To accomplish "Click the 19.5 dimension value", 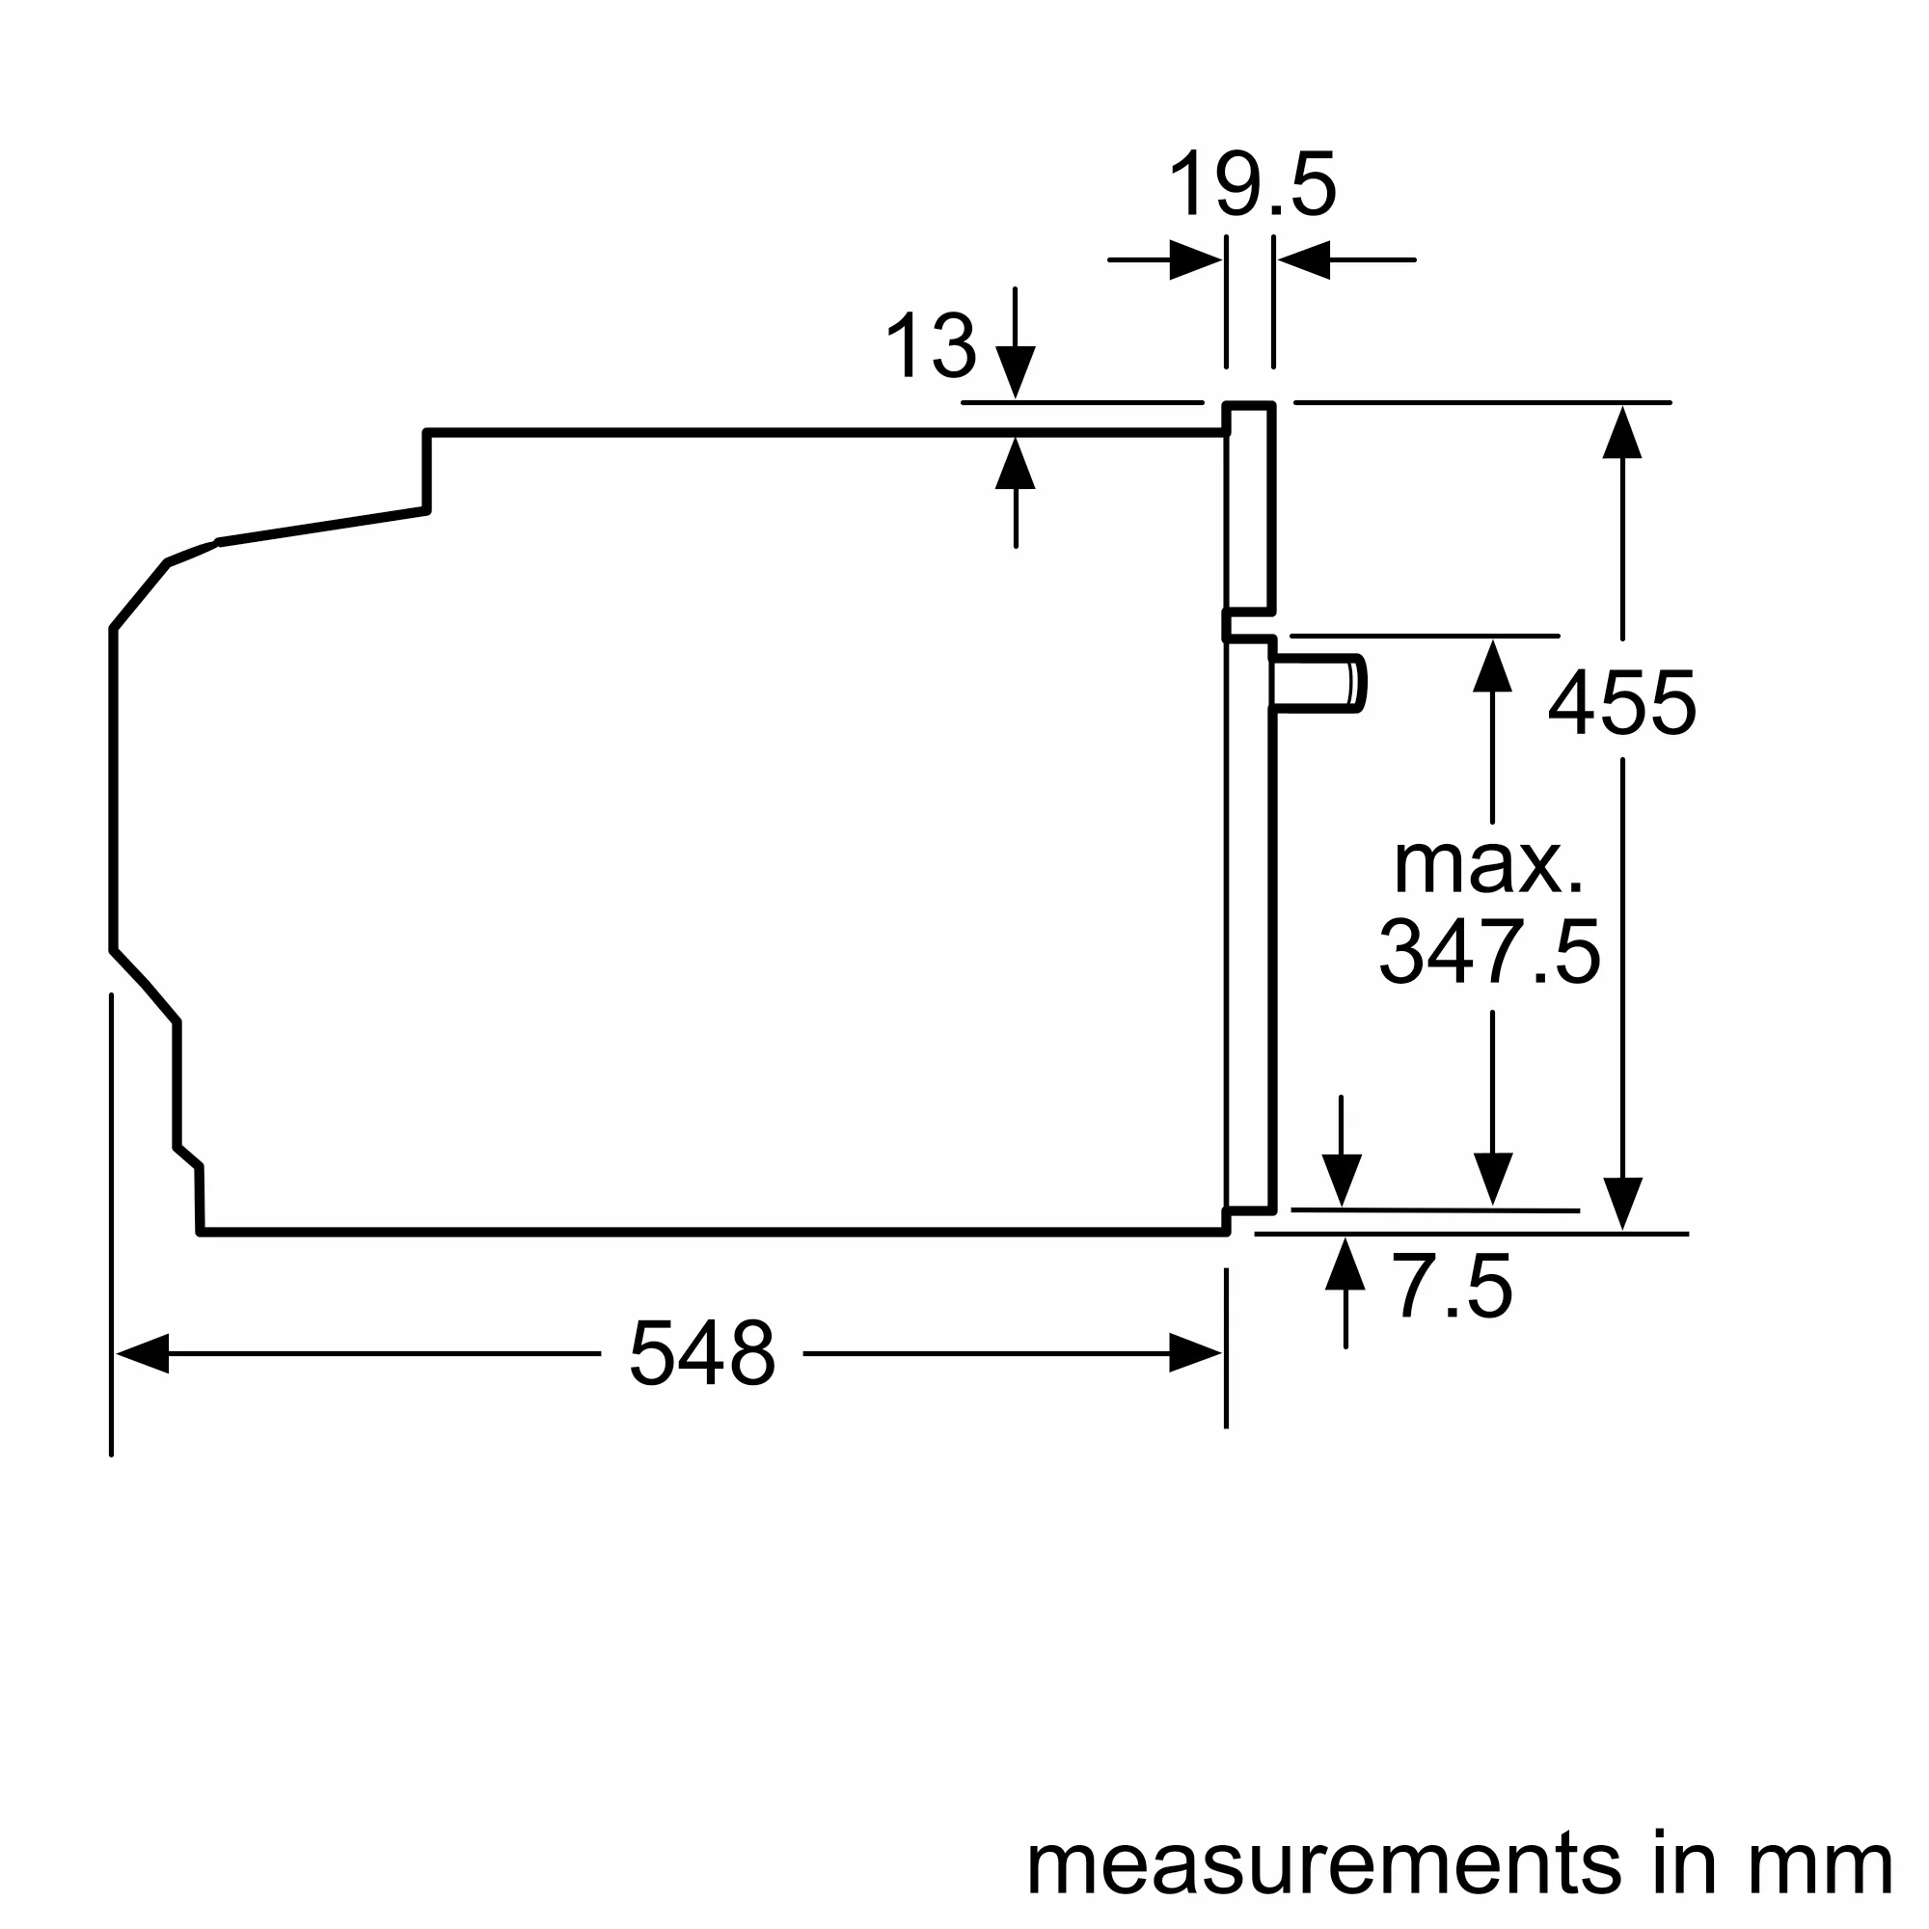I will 1251,185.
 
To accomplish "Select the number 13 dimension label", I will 931,345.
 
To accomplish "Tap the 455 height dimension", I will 1621,703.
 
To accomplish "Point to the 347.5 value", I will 1490,953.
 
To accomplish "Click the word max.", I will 1487,864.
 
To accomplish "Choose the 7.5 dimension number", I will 1452,1287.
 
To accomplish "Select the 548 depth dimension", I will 702,1353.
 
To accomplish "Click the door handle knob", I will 1318,683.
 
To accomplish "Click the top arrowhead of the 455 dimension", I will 1622,432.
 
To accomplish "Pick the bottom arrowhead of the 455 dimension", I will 1622,1203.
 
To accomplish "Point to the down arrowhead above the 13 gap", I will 1016,371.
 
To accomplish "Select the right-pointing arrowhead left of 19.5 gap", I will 1194,259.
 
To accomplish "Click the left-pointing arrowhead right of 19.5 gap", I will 1305,259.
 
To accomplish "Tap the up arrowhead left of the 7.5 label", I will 1345,1264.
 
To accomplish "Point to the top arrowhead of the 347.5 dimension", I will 1492,666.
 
